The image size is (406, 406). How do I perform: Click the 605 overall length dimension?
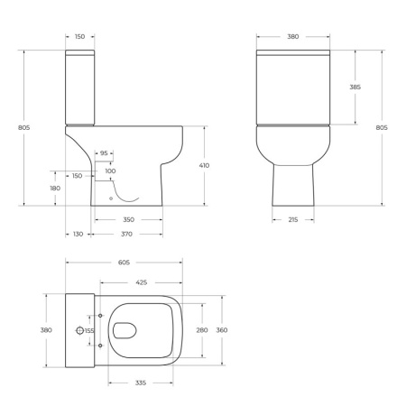(x=124, y=263)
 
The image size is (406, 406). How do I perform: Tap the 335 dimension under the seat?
(x=141, y=383)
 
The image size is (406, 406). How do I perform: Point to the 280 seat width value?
(x=202, y=330)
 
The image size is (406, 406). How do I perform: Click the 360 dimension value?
(x=222, y=330)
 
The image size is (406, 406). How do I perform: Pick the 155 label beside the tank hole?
(x=89, y=331)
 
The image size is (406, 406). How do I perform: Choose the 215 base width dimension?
(x=294, y=220)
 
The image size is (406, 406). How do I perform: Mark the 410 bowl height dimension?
(x=204, y=166)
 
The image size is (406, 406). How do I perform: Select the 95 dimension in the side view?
(x=104, y=153)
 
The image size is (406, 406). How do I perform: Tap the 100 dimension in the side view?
(x=110, y=171)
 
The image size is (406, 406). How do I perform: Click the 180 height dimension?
(x=55, y=188)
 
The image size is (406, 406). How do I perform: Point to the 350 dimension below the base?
(x=128, y=220)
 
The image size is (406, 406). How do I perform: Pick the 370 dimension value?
(x=128, y=234)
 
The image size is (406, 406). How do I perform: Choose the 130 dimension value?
(x=78, y=234)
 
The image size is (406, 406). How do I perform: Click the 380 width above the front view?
(x=292, y=38)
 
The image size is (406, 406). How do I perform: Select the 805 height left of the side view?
(x=24, y=127)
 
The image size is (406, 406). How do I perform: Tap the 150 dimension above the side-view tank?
(x=79, y=38)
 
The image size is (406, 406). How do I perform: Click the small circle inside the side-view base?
(x=109, y=197)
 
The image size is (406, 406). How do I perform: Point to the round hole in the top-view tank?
(x=79, y=331)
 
